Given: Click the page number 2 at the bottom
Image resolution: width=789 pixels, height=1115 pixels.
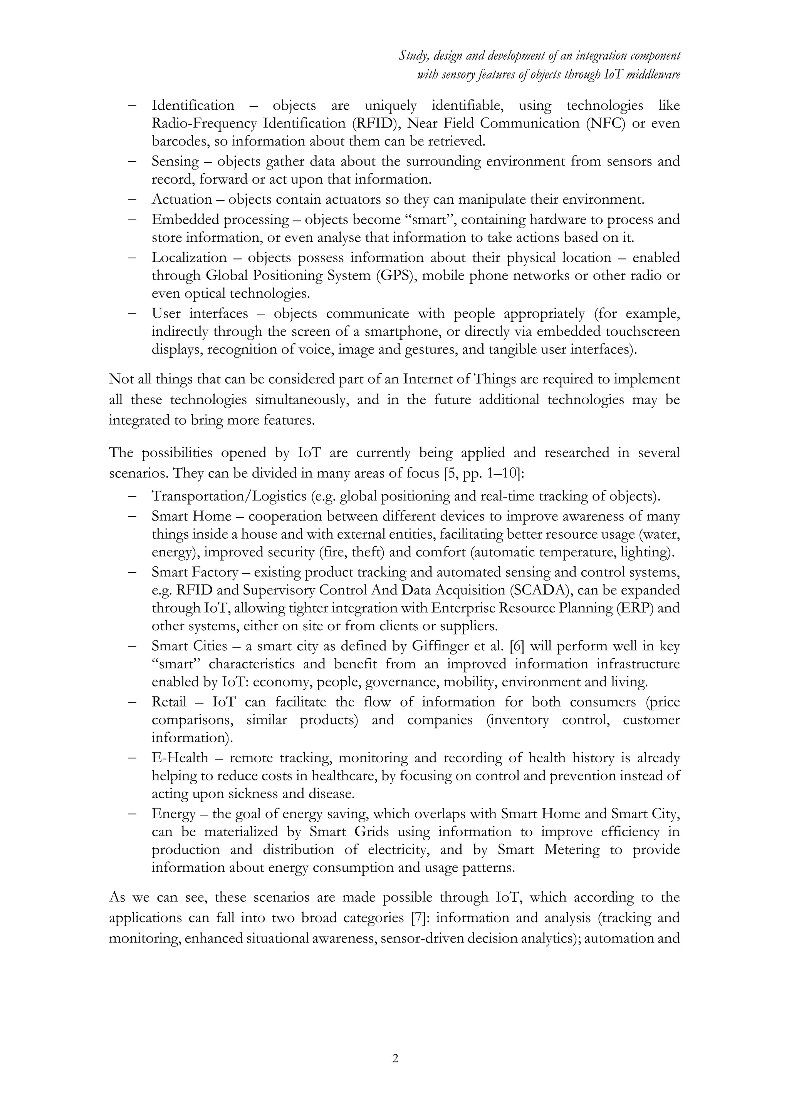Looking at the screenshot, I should click(x=394, y=1058).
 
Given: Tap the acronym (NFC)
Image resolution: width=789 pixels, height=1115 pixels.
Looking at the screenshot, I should click(x=606, y=123).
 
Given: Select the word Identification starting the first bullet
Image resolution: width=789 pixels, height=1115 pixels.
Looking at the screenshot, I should click(x=193, y=105).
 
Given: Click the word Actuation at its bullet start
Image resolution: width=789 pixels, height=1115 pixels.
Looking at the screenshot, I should click(x=182, y=199).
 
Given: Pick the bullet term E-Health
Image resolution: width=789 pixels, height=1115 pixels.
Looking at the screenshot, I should click(x=180, y=758).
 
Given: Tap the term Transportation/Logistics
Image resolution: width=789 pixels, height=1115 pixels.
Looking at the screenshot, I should click(x=229, y=496).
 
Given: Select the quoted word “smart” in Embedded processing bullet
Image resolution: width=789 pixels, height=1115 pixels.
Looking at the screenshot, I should click(x=430, y=219).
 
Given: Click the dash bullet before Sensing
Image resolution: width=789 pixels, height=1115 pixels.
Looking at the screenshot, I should click(x=132, y=161).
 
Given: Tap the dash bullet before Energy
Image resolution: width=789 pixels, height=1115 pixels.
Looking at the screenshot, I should click(x=132, y=814).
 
